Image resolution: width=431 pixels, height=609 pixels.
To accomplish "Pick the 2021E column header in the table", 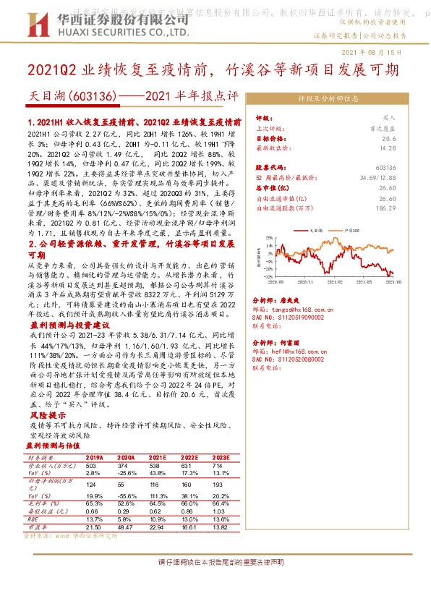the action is (x=157, y=457).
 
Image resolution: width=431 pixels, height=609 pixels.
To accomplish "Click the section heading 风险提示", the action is (x=43, y=417).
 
